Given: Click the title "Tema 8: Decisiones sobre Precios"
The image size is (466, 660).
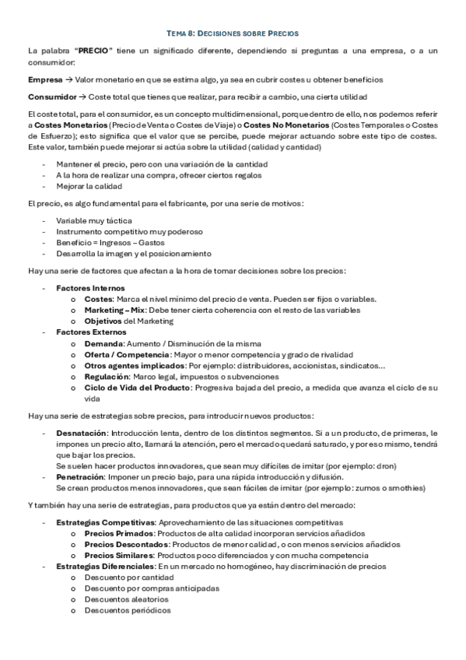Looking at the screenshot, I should click(233, 33).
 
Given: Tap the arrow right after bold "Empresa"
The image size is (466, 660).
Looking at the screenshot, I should click(68, 80).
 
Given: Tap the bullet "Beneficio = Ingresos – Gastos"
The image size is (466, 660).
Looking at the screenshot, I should click(104, 243).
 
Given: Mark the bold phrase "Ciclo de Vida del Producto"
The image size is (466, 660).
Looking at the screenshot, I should click(136, 387).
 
